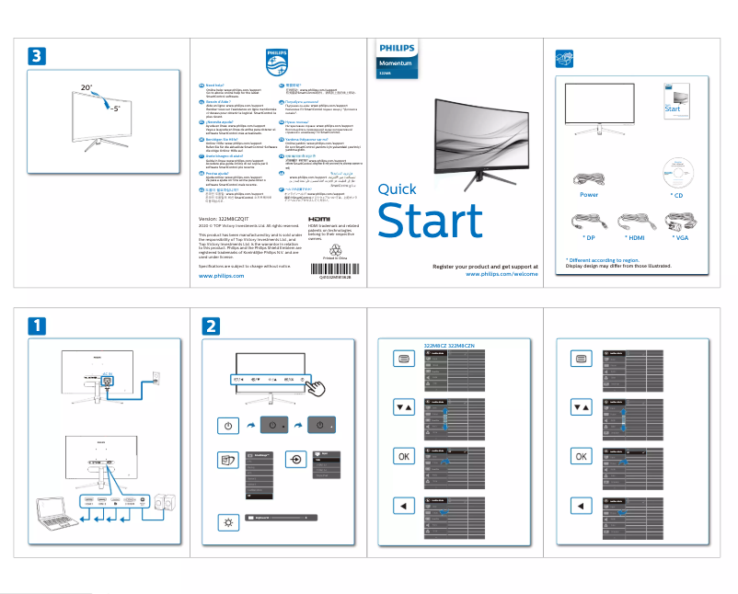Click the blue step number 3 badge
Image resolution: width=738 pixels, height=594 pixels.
(35, 55)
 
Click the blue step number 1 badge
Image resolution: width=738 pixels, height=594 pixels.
(35, 326)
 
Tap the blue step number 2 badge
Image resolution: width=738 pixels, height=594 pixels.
(212, 326)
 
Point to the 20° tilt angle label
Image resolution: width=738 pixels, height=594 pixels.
(86, 87)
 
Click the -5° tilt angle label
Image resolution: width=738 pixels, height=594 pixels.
(115, 108)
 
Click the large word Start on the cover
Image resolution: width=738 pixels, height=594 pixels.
(430, 222)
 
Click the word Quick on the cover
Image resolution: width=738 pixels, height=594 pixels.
(398, 190)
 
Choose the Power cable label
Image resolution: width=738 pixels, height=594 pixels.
(589, 196)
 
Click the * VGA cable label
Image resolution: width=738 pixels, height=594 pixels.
(681, 238)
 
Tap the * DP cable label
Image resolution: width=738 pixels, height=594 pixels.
(589, 238)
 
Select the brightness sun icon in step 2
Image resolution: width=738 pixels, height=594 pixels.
(228, 522)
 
